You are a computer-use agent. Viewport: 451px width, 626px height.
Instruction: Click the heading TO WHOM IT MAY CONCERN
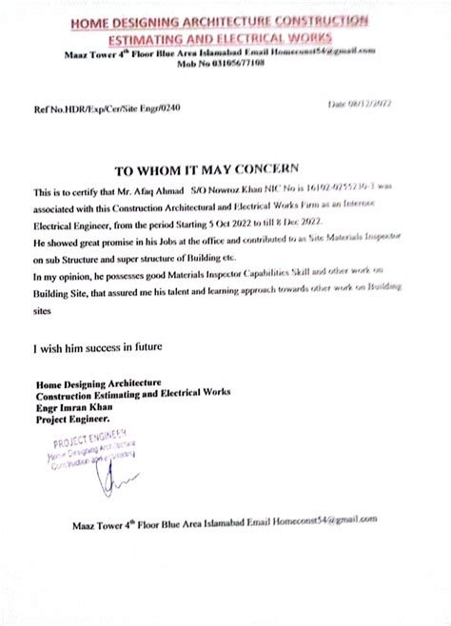pos(212,172)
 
